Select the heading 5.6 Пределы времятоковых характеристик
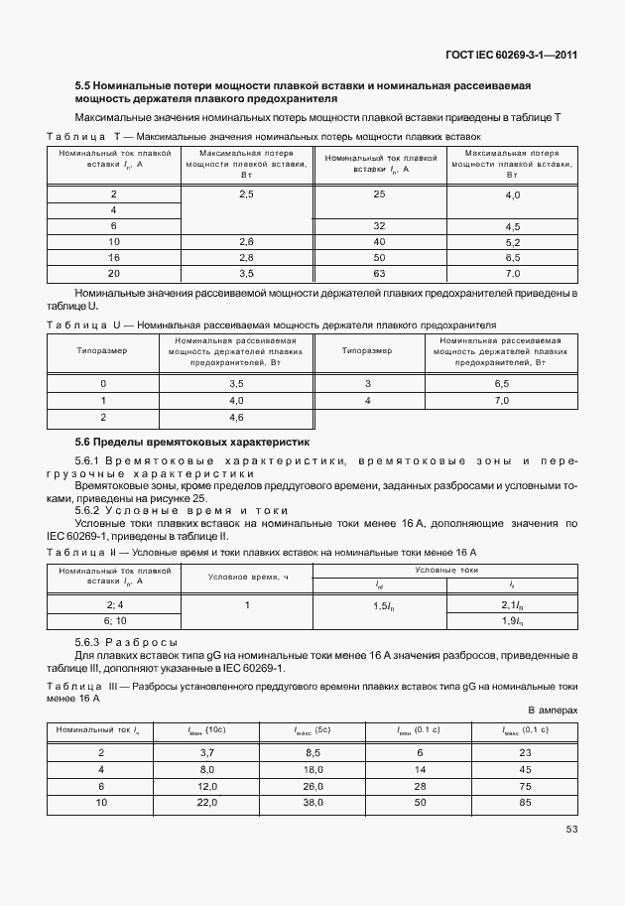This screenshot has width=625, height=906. tap(193, 441)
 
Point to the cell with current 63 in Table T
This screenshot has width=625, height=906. tap(379, 272)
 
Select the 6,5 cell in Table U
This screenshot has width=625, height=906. tap(501, 383)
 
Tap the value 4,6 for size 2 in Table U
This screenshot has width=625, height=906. tap(236, 418)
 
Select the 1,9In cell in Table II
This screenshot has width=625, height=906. tap(512, 620)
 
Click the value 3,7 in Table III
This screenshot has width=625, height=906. tap(208, 754)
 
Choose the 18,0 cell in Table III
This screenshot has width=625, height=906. tap(314, 769)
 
